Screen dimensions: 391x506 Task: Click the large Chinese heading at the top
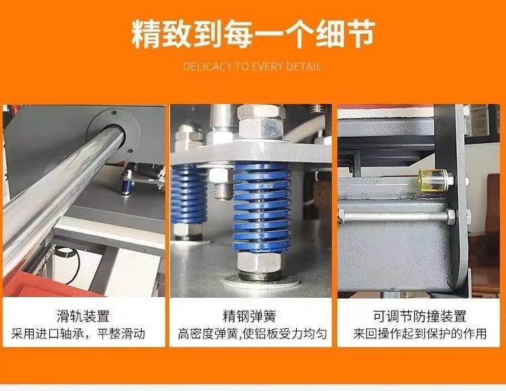click(252, 33)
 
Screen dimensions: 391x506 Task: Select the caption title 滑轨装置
click(84, 316)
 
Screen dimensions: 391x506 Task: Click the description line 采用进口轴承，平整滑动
click(84, 334)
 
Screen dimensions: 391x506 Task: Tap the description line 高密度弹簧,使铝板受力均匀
click(252, 334)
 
